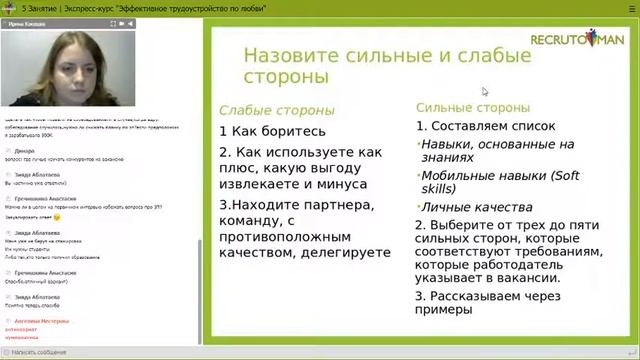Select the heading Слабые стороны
276,110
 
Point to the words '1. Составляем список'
473,126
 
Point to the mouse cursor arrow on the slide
485,92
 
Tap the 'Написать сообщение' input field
100,352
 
